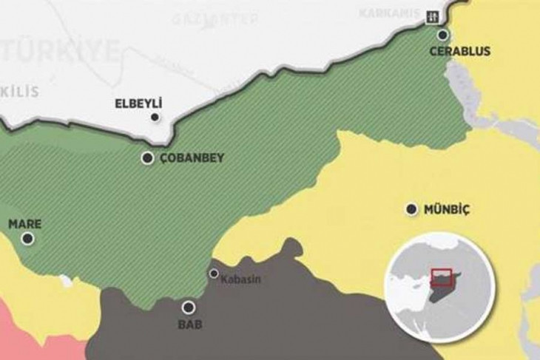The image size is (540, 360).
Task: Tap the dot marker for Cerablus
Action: [x=442, y=34]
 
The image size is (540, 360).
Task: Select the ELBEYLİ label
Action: [x=138, y=104]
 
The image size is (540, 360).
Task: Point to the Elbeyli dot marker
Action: [x=154, y=117]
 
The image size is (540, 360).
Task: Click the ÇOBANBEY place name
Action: [x=192, y=158]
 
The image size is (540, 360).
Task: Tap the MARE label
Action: [x=24, y=223]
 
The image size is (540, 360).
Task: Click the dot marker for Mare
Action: [x=27, y=238]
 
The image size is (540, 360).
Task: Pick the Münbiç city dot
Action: [x=411, y=209]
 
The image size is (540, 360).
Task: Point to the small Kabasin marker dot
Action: [x=214, y=274]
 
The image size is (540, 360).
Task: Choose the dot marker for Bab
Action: [x=189, y=307]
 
